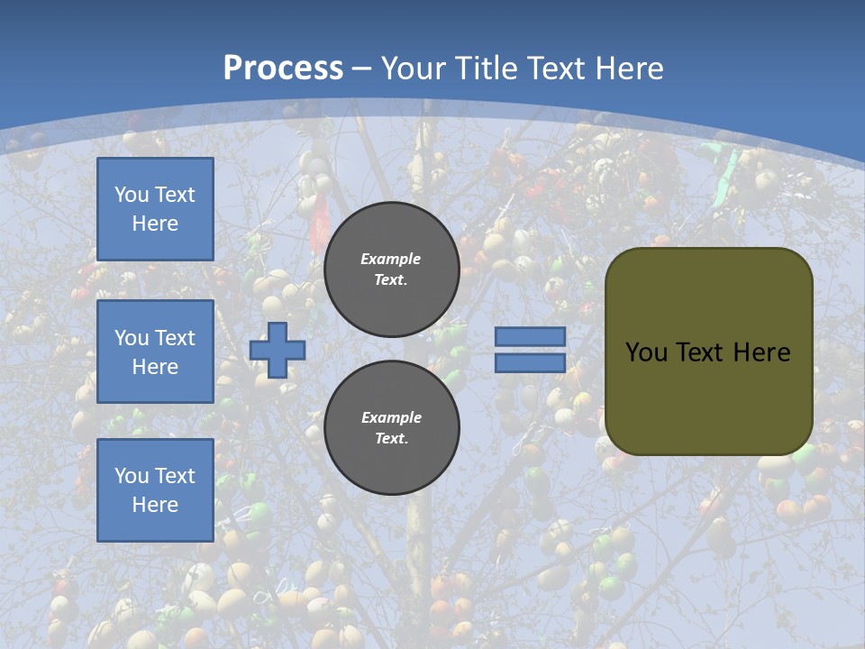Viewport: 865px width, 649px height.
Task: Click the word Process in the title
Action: [283, 69]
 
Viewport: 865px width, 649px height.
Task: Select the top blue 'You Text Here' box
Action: [155, 209]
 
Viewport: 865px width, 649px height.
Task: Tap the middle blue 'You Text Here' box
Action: [155, 352]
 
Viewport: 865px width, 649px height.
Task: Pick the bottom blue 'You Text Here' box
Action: [155, 490]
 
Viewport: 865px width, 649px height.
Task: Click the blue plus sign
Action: [277, 351]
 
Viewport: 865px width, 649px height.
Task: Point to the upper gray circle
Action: [391, 270]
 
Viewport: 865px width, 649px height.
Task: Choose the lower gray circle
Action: [391, 427]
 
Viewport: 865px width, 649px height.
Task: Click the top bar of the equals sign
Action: [530, 336]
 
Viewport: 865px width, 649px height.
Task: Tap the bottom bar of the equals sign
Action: [530, 363]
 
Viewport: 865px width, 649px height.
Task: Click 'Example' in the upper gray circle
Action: [390, 259]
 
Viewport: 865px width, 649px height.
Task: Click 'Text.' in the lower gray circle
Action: [391, 438]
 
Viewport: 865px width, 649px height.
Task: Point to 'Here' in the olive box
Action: [761, 352]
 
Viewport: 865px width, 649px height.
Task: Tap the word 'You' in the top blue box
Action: [131, 195]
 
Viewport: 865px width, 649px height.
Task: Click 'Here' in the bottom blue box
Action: [155, 505]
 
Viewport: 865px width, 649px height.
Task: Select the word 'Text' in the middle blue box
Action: [174, 338]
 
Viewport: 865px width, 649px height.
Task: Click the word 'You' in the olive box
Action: [646, 352]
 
